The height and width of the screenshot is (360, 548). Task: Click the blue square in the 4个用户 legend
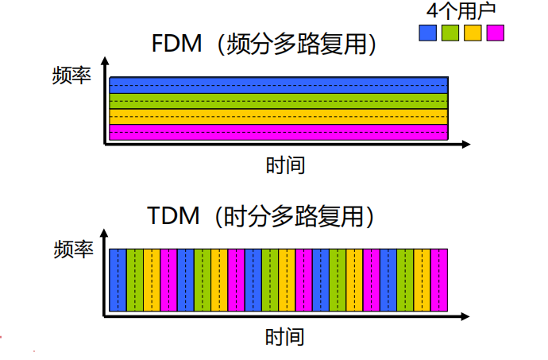tap(427, 33)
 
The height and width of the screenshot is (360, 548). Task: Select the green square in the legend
tap(450, 33)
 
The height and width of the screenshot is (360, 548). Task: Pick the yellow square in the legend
tap(473, 33)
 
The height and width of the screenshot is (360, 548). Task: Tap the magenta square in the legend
tap(496, 33)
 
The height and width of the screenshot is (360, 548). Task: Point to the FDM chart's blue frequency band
tap(278, 85)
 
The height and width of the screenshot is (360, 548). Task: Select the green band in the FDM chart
tap(278, 101)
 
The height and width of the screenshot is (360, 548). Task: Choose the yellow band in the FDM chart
tap(278, 116)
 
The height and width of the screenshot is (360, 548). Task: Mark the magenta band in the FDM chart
tap(278, 132)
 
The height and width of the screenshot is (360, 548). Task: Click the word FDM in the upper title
tap(177, 44)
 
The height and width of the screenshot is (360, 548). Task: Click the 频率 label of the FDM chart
tap(72, 76)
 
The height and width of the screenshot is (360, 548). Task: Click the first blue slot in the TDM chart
tap(118, 280)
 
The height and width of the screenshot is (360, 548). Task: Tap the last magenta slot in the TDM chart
tap(439, 280)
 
